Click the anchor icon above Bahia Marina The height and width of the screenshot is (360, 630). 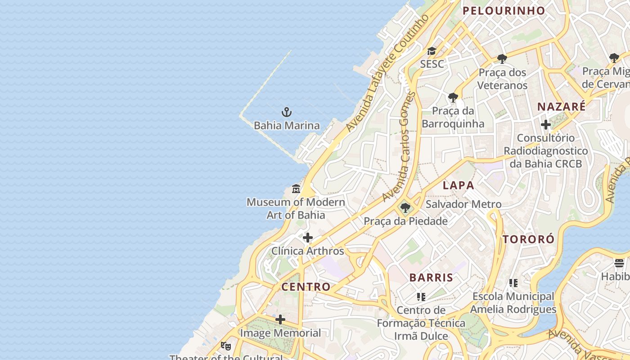(287, 112)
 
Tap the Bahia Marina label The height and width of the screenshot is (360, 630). (287, 126)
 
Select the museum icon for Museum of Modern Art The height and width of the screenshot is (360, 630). (296, 189)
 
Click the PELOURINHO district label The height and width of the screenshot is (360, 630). (504, 11)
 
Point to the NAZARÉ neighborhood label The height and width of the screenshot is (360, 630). (562, 107)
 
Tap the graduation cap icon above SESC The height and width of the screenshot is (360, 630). (432, 51)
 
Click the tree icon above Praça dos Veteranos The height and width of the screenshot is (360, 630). (502, 59)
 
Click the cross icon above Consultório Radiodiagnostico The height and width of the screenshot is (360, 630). (546, 125)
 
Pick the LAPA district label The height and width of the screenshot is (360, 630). (459, 185)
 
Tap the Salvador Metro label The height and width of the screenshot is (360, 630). (463, 204)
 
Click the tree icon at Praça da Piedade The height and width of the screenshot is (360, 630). (405, 208)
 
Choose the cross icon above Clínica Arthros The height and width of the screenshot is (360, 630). (308, 238)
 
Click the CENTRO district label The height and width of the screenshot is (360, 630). (306, 287)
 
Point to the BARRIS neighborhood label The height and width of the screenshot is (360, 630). (431, 278)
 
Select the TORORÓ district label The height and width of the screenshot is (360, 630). (529, 239)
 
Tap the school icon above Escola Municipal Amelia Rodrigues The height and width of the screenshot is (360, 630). (513, 283)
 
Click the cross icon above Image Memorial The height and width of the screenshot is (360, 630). (280, 320)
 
